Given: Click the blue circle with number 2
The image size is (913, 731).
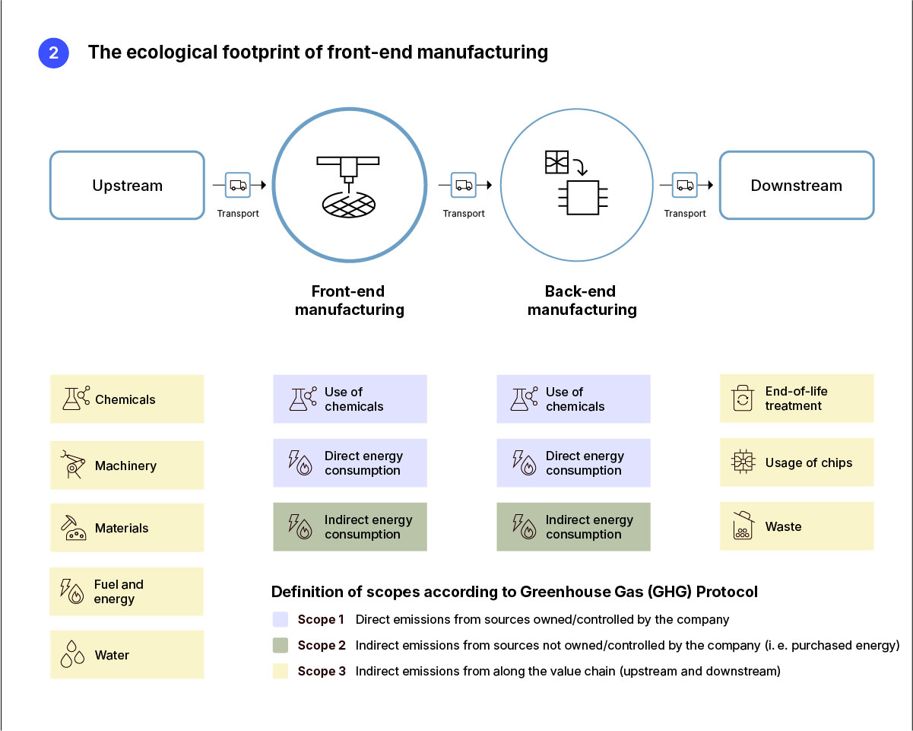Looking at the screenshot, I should point(53,53).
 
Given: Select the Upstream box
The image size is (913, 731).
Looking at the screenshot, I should point(127,186).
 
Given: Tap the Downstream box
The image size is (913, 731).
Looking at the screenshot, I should point(796,186).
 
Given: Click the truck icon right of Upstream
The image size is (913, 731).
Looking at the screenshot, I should point(238,185).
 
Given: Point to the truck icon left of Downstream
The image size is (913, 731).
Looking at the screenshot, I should point(685,185).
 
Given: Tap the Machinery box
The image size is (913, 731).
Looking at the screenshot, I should point(127,466).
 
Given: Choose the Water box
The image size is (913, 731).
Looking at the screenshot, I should point(127,655).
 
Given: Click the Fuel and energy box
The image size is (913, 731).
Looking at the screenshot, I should point(127,592).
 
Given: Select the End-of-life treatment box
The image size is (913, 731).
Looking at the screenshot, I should point(796,399).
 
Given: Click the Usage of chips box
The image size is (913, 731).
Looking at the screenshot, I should point(796,462).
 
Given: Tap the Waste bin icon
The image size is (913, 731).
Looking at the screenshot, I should point(742,526).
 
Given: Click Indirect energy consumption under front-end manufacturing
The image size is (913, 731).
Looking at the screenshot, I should point(350,527).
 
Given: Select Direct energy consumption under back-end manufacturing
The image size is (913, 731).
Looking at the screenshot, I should point(573,463).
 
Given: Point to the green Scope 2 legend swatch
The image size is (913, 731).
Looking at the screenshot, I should point(280,646).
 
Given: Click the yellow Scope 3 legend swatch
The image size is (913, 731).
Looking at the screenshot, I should point(280,672).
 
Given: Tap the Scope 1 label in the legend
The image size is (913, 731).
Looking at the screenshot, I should point(321,620).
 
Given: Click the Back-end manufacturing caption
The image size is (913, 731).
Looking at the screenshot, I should point(582,300).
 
